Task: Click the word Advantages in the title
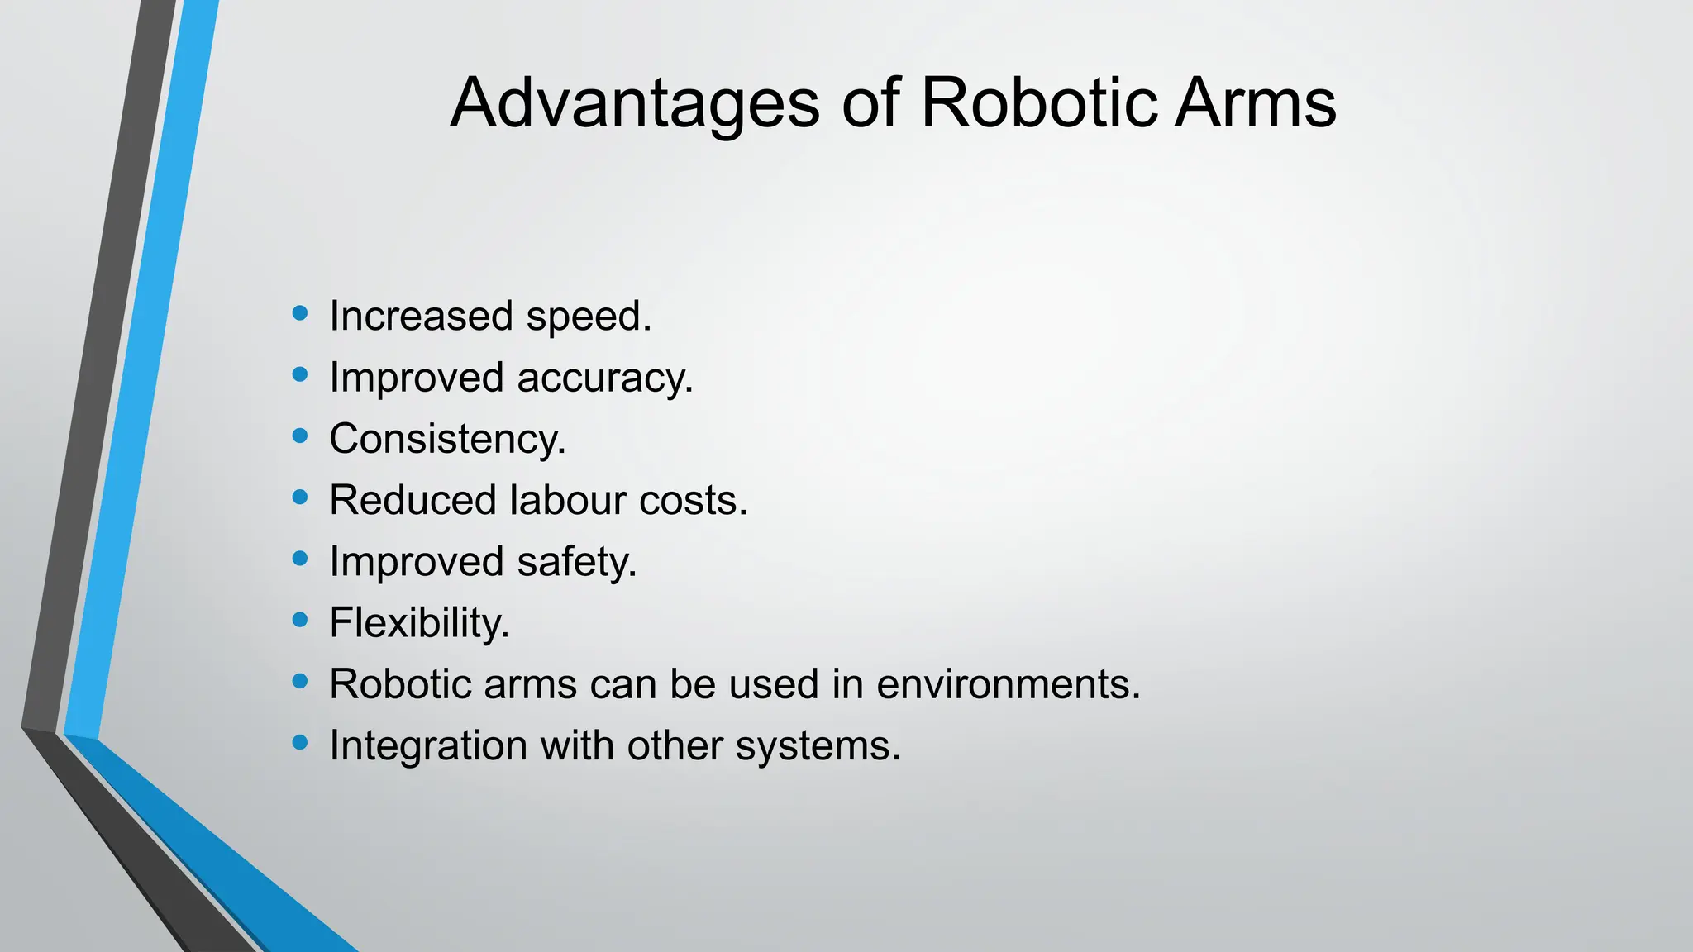[x=635, y=104]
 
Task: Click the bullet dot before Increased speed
[x=300, y=313]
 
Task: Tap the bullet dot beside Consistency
[x=300, y=436]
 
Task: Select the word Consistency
[x=446, y=440]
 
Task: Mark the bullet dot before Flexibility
[x=300, y=619]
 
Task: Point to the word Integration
[x=428, y=746]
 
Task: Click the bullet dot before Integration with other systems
[x=300, y=742]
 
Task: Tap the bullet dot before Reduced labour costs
[x=300, y=497]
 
